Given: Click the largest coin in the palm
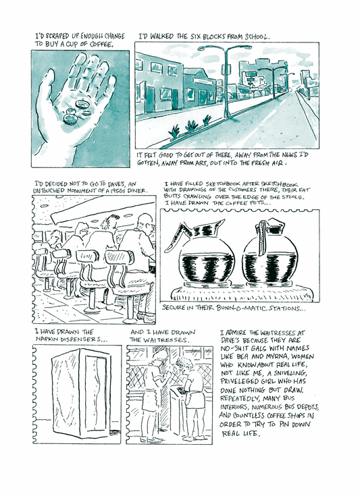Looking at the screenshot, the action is [70, 119].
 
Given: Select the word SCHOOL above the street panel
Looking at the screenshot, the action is [257, 36].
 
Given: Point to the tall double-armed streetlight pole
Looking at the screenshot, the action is [226, 82].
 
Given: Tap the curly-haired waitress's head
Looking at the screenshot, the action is [184, 364].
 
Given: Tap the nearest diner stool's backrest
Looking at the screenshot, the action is [120, 258].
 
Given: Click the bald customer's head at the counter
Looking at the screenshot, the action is [145, 221].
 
